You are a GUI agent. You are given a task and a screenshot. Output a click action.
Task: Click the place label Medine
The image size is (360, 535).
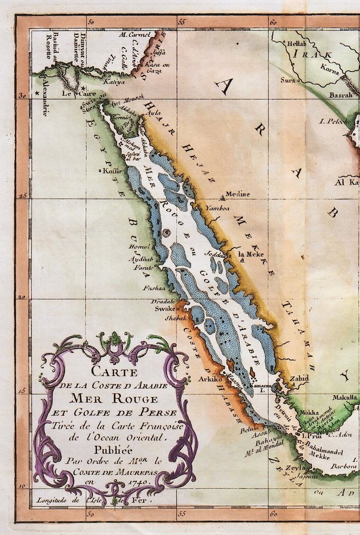[237, 194]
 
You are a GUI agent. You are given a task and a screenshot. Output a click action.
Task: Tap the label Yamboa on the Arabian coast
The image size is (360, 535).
[217, 208]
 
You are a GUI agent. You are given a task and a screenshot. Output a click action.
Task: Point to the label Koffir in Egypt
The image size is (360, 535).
[112, 171]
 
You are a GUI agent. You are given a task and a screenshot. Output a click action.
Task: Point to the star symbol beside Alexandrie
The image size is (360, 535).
[37, 93]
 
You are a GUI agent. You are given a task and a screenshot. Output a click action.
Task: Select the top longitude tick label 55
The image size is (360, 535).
[182, 22]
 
